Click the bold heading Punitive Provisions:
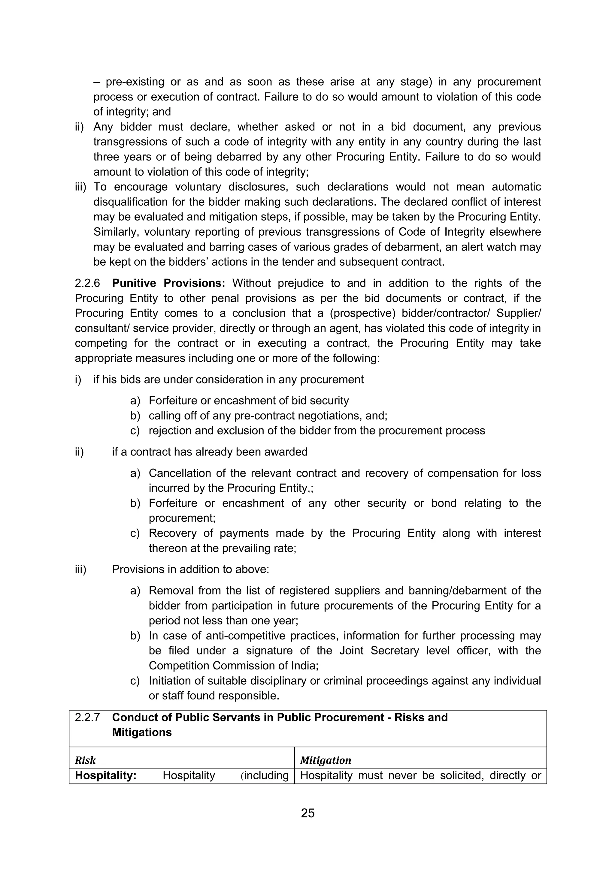[168, 284]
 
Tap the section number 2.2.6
[87, 284]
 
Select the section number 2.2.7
[87, 717]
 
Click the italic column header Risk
[85, 760]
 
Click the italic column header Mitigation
[326, 760]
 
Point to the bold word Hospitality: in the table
[106, 775]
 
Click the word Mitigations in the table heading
[142, 732]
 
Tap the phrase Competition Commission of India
[233, 666]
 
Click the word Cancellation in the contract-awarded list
[179, 474]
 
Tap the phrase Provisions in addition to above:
[190, 570]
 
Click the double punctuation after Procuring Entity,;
[311, 489]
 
